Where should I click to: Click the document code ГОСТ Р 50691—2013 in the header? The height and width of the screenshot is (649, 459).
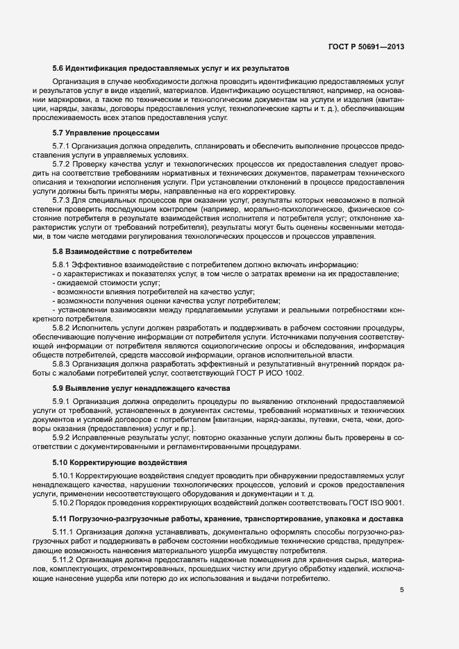pyautogui.click(x=366, y=47)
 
